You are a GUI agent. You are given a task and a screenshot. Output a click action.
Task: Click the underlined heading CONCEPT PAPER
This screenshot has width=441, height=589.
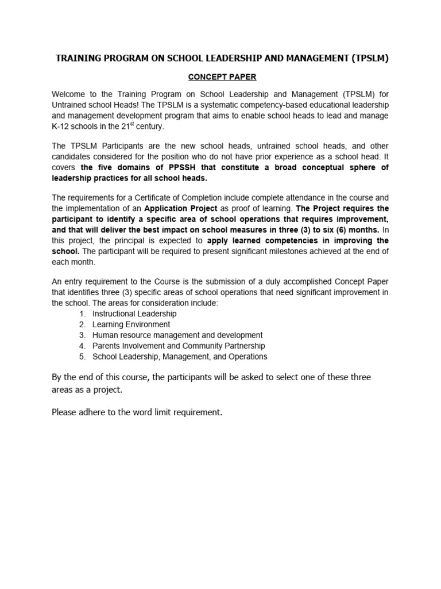point(220,77)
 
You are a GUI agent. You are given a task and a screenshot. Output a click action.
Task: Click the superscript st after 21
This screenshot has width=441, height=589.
point(154,124)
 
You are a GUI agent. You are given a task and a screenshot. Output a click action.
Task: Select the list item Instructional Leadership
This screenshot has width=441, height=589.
point(134,314)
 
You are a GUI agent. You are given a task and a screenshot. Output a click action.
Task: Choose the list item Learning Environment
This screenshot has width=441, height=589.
point(131,324)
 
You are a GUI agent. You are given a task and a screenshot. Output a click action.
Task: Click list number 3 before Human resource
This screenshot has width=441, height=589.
point(83,335)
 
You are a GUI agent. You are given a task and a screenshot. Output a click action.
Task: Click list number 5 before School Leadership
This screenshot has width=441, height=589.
point(83,357)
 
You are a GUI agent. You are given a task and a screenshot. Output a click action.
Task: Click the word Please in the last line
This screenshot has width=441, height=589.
point(65,412)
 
